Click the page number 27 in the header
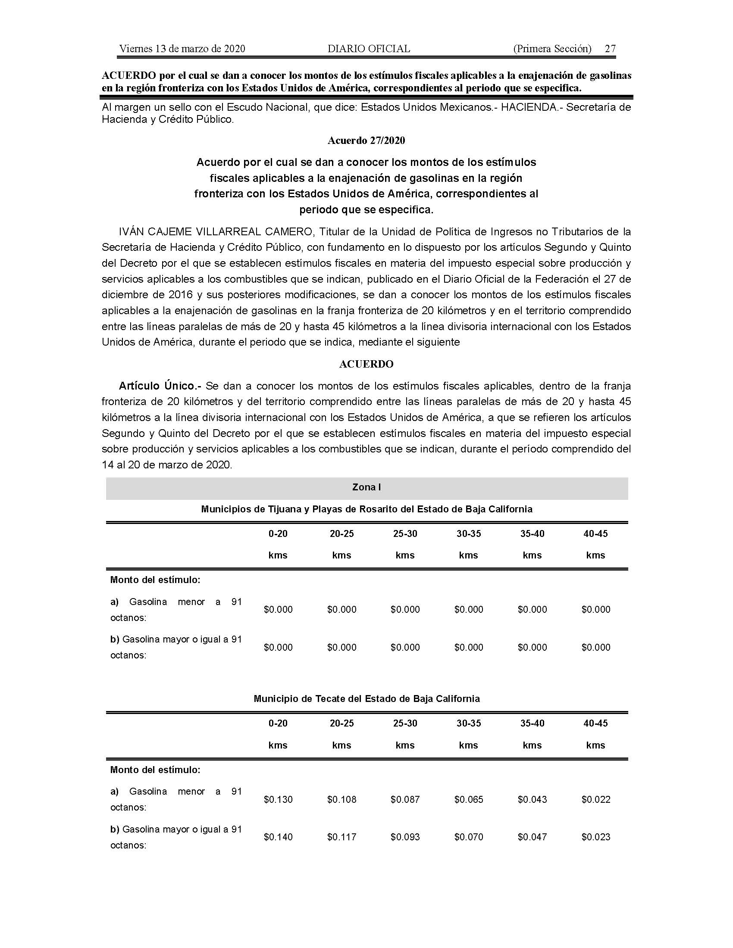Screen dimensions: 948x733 tap(610, 49)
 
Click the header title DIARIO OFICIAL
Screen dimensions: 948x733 tap(369, 49)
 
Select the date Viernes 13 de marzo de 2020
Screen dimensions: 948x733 tap(182, 49)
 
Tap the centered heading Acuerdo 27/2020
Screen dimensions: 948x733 tap(366, 140)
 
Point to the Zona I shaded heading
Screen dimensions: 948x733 tap(366, 487)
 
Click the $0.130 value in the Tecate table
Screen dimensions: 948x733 tap(278, 799)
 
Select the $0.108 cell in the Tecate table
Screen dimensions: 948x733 tap(342, 799)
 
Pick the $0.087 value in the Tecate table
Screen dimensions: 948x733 tap(405, 799)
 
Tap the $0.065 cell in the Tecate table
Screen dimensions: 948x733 tap(469, 799)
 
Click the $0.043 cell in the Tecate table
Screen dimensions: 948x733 tap(533, 799)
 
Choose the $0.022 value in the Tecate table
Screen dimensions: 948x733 tap(596, 799)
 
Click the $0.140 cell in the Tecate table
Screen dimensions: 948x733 tap(278, 837)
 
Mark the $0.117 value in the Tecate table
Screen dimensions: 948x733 tap(342, 837)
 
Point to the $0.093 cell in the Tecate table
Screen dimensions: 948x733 tap(405, 837)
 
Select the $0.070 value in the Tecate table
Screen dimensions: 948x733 tap(469, 837)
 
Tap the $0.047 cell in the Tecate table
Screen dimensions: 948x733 tap(533, 837)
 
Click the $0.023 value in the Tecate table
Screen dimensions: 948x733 tap(596, 837)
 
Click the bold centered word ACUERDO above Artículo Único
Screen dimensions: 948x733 tap(366, 364)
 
